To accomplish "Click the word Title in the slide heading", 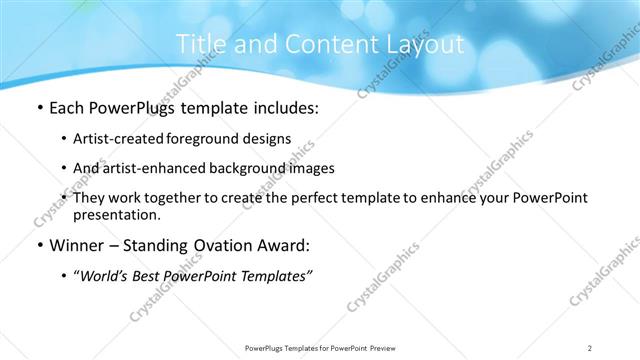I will [x=198, y=45].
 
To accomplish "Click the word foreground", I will [x=208, y=139].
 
